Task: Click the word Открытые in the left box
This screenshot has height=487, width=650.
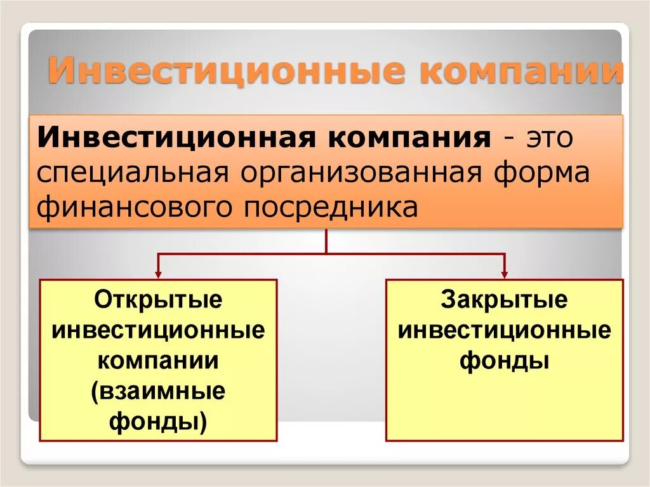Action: point(158,300)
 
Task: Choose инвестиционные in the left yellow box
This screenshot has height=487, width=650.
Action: point(158,330)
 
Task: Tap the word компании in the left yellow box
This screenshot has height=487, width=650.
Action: point(158,361)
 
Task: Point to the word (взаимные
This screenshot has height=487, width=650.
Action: point(158,391)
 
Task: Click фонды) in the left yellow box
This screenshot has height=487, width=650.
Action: point(158,421)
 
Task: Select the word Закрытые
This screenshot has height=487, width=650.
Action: point(504,300)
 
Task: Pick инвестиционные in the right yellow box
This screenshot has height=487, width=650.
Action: point(504,330)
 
